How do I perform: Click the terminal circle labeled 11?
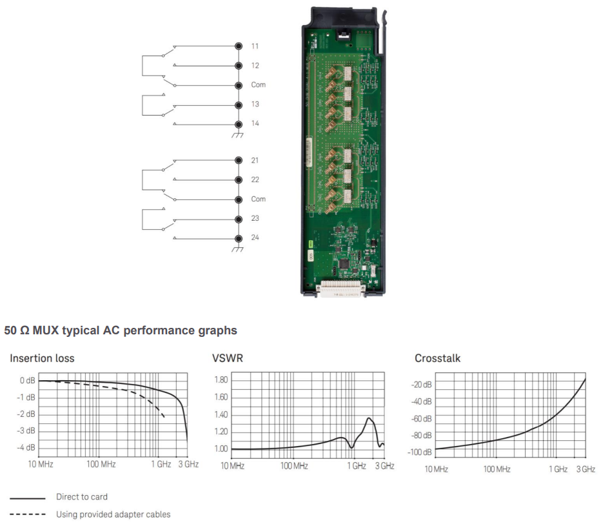click(239, 46)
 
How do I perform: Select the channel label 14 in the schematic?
click(255, 123)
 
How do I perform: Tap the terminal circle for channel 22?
click(239, 179)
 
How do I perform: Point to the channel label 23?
click(255, 218)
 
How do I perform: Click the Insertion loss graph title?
click(42, 358)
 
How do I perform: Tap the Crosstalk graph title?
click(437, 358)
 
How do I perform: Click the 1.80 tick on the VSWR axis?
click(220, 380)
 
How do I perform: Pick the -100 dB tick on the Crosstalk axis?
click(419, 452)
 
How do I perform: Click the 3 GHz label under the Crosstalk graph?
click(586, 469)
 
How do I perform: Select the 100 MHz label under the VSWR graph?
click(293, 466)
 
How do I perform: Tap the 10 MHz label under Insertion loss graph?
click(39, 464)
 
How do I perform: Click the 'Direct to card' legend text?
click(82, 497)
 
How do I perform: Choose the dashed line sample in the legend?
click(27, 514)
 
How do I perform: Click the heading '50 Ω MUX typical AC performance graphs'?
click(121, 330)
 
